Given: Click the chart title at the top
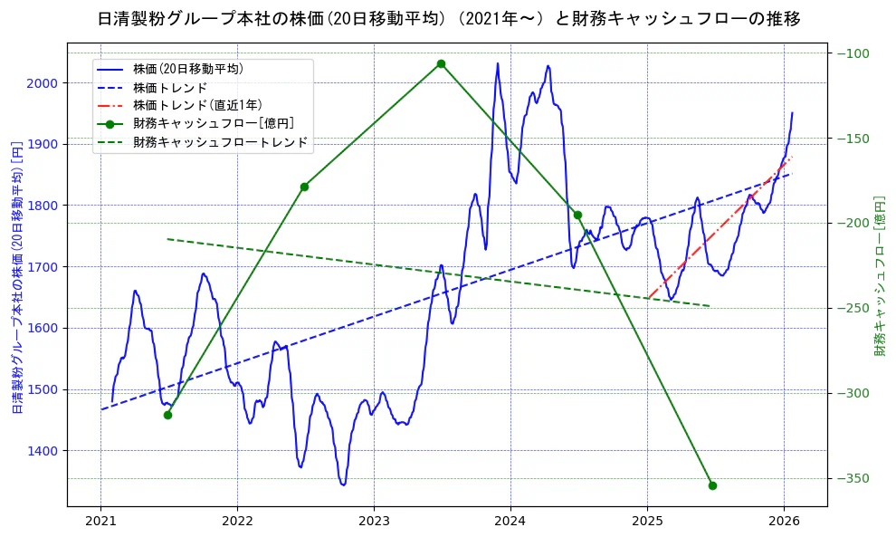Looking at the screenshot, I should click(448, 19).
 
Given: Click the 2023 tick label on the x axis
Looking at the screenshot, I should click(374, 521).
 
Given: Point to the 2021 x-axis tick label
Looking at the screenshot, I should click(100, 521).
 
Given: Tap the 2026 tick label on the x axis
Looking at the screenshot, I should click(784, 521).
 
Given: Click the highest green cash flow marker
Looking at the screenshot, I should click(441, 63).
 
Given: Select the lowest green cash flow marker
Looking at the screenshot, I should click(712, 485).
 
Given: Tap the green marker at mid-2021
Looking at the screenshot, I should click(167, 415).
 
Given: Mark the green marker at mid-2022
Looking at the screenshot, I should click(304, 187).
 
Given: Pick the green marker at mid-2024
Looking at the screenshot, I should click(577, 215).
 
